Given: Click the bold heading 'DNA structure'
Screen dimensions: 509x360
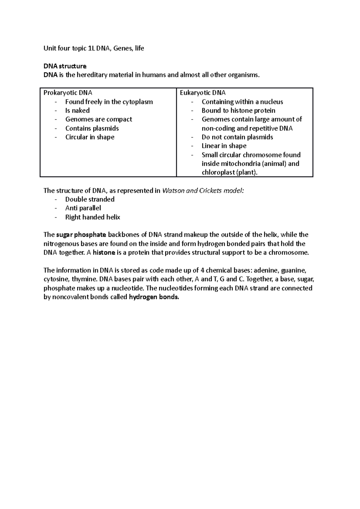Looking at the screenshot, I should click(65, 66).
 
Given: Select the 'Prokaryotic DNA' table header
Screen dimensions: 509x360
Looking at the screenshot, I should click(68, 93).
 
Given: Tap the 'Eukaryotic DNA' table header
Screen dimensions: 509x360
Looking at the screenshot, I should click(202, 93).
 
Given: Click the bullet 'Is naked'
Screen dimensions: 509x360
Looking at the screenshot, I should click(77, 110).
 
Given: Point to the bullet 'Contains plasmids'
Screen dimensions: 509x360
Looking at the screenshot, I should click(92, 128).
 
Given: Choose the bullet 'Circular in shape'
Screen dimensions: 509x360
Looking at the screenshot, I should click(90, 137).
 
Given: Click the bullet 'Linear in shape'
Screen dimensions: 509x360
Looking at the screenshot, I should click(224, 146).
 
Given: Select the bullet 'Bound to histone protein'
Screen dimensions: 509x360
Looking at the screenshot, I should click(238, 110).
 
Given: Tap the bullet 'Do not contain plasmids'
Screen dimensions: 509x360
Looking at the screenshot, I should click(237, 137).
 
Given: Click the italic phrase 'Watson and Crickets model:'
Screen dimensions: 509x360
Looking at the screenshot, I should click(203, 191).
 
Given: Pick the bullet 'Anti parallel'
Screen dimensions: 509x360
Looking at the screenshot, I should click(83, 208).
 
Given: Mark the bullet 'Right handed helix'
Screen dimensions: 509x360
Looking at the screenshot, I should click(92, 217).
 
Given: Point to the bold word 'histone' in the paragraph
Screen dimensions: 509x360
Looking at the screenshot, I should click(104, 252).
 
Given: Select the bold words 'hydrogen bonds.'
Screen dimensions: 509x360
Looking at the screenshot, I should click(154, 297).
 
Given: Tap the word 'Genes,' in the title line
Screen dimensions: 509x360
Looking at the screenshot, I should click(123, 48).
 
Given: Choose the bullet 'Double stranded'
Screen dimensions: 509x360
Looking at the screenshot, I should click(90, 199).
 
